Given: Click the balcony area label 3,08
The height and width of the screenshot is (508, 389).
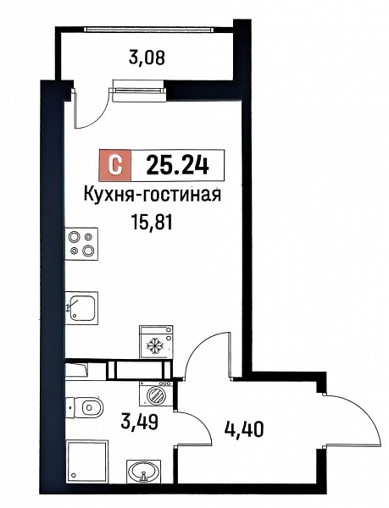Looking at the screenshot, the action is coord(147,58).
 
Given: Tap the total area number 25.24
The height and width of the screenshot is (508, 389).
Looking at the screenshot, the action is coord(177,165).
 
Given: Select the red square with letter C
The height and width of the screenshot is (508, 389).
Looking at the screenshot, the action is coord(115,166).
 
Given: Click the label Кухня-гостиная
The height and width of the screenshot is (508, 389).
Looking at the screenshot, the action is coord(153,195).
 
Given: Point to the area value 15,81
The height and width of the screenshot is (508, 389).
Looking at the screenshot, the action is coord(152,223).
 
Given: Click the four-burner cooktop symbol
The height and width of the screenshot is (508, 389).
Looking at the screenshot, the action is coord(81,244).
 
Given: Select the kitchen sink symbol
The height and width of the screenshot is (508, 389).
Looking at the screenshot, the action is coord(81,308).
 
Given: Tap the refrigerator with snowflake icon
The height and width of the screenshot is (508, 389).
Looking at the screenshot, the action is coord(156,342).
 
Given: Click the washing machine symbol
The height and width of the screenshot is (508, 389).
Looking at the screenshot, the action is coord(156,393).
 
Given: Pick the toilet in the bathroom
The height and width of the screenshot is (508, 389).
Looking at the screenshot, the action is coord(84,406).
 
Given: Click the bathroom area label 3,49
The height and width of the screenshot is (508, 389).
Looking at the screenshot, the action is coord(139,422).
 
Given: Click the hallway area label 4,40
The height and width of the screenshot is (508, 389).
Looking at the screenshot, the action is coord(243,429).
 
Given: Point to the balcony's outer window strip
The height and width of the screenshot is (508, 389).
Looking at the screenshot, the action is coord(149,29).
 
